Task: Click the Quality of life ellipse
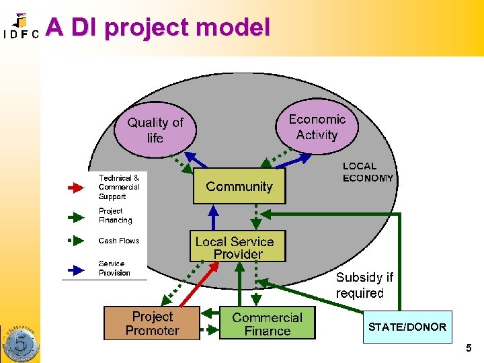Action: tap(155, 130)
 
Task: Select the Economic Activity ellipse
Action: tap(317, 126)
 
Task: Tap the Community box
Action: tap(239, 186)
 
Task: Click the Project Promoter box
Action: tap(152, 323)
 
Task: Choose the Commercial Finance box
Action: tap(267, 323)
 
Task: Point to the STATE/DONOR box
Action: tap(407, 327)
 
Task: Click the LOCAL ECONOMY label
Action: tap(368, 172)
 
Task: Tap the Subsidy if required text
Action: tap(364, 285)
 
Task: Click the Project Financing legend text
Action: tap(115, 215)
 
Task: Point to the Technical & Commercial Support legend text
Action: tap(119, 188)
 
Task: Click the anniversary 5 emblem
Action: tap(19, 343)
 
